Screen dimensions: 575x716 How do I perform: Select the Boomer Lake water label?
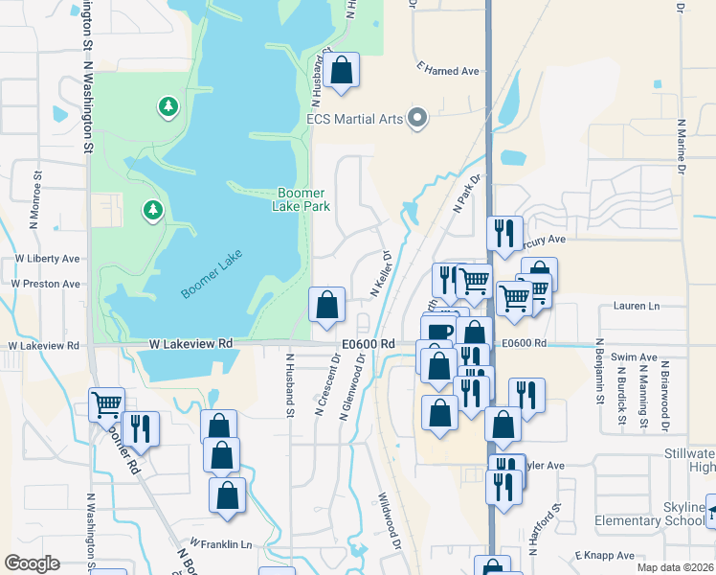(x=212, y=274)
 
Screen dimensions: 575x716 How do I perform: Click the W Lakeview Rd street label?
(x=191, y=343)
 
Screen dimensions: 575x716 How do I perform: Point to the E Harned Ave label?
(x=447, y=71)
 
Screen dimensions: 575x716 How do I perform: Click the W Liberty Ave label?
(x=47, y=259)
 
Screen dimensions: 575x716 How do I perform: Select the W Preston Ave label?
(x=46, y=284)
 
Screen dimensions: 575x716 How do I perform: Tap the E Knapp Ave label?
(x=605, y=556)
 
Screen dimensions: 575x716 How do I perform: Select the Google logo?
(x=32, y=563)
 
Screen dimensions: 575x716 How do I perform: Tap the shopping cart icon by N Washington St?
(x=106, y=403)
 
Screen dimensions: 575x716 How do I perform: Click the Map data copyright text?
(x=674, y=567)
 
